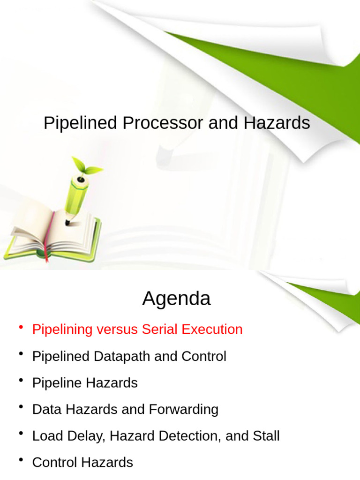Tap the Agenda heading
tap(176, 298)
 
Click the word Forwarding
tap(183, 409)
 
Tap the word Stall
tap(266, 436)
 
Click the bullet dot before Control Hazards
tap(21, 461)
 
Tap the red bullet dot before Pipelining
tap(21, 328)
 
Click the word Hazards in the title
tap(277, 123)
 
